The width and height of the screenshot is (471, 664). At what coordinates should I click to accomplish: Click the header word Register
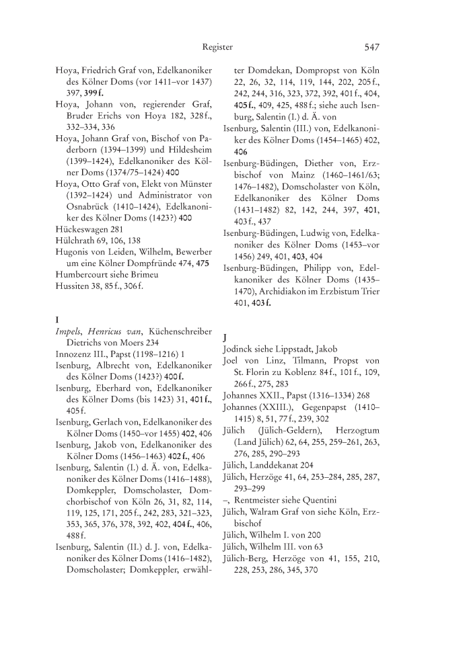click(x=217, y=47)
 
